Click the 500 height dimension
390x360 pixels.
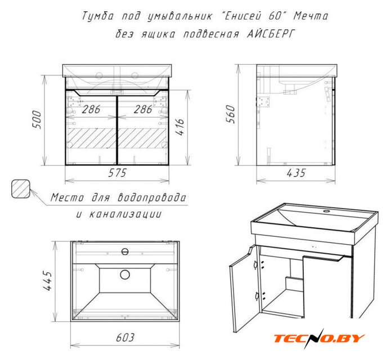tap(37, 120)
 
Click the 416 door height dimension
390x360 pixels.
tap(180, 127)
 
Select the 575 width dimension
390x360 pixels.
tap(118, 173)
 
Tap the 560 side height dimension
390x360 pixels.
tap(230, 114)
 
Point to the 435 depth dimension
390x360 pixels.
tap(296, 173)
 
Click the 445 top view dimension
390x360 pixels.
tap(47, 281)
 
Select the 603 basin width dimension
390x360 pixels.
tap(125, 337)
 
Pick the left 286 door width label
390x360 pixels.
tap(91, 109)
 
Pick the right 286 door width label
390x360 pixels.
tap(143, 109)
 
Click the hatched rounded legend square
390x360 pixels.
tap(21, 188)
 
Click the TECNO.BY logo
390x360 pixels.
tap(319, 339)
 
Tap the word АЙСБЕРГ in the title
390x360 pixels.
tap(271, 34)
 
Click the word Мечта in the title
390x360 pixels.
tap(311, 16)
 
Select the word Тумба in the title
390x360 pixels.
tap(98, 16)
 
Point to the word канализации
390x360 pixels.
tap(119, 214)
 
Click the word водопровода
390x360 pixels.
tap(152, 198)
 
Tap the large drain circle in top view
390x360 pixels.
tap(125, 274)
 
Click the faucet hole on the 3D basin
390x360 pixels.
tap(326, 211)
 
